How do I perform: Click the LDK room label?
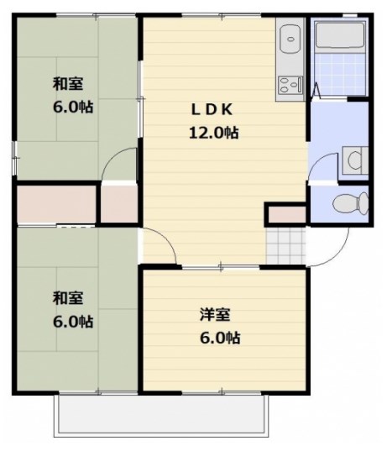(212, 109)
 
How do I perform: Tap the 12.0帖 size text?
(213, 133)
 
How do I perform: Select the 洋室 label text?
(215, 315)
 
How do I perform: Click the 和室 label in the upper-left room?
(68, 84)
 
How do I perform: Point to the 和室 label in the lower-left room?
(68, 298)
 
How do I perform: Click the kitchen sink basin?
(290, 39)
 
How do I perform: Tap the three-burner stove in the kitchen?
(290, 85)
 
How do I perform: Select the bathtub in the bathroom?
(340, 34)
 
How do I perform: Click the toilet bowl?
(351, 202)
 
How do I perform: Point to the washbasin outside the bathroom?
(355, 160)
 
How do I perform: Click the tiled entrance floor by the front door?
(285, 246)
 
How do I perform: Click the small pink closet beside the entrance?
(285, 214)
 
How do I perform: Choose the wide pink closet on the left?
(56, 204)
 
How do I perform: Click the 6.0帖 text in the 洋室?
(220, 338)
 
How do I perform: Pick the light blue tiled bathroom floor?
(340, 74)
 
